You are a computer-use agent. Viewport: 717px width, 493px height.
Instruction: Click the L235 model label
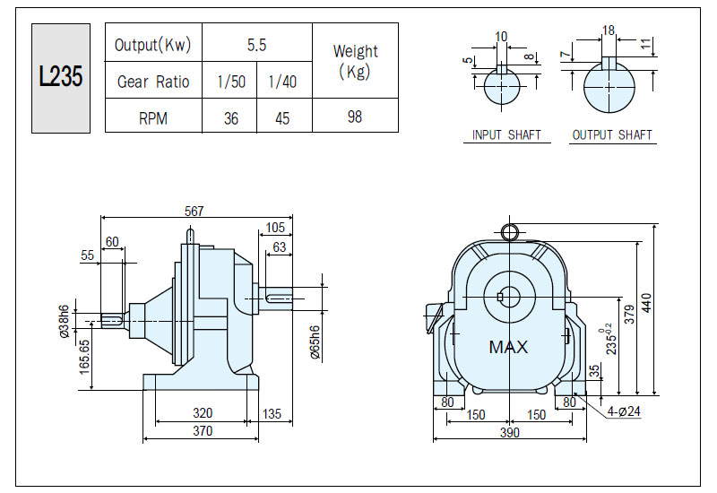61,76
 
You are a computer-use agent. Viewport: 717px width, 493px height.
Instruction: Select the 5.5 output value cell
256,45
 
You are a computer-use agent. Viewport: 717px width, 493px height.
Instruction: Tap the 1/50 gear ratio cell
231,82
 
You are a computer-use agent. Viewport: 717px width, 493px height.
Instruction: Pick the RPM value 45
282,118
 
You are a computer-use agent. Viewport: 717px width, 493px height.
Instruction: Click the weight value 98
355,117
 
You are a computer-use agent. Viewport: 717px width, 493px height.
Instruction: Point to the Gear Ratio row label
153,82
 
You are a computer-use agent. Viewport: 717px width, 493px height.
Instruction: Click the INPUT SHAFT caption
506,135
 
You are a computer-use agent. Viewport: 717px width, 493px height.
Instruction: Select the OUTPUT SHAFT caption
612,135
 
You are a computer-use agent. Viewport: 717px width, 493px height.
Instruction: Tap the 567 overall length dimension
194,211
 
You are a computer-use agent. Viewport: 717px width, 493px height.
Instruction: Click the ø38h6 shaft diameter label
64,321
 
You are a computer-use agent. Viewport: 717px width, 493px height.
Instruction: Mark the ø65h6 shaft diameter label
315,342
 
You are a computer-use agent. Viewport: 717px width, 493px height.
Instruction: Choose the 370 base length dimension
203,431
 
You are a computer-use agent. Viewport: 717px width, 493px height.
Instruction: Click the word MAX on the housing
508,347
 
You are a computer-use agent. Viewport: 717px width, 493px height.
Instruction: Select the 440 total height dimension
646,303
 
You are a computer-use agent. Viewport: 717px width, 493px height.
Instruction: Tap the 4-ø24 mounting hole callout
624,411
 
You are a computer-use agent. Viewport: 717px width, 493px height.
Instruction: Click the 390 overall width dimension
509,432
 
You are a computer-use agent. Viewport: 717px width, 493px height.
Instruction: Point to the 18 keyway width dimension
609,30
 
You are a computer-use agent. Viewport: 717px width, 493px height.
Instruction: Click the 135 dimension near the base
272,414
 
